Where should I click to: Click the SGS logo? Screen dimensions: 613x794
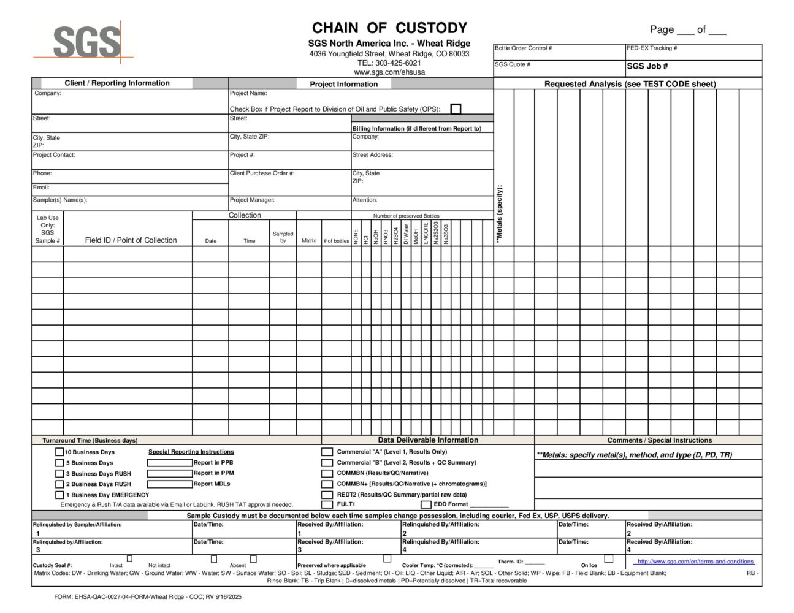86,42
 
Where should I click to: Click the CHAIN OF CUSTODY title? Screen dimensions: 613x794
389,28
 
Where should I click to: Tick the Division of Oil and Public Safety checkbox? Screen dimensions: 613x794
456,109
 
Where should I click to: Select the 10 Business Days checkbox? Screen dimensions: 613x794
59,452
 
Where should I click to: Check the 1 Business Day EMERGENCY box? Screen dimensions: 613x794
59,495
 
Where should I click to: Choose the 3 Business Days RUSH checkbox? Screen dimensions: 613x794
59,474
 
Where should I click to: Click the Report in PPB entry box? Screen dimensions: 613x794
170,463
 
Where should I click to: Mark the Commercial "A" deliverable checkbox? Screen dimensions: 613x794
327,452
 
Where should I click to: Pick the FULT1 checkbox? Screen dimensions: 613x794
327,504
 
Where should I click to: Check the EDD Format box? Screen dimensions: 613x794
426,504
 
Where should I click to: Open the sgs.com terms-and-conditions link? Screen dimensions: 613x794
695,562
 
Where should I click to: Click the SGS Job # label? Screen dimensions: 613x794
647,66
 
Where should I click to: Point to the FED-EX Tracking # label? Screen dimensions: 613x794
652,48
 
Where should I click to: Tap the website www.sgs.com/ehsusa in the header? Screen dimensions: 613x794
389,72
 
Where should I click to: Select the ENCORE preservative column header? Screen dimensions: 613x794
426,234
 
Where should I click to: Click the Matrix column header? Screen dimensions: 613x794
309,241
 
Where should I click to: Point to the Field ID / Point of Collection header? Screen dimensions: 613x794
131,240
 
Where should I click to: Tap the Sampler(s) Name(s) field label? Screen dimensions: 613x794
60,200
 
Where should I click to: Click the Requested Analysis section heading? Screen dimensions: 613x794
630,84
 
